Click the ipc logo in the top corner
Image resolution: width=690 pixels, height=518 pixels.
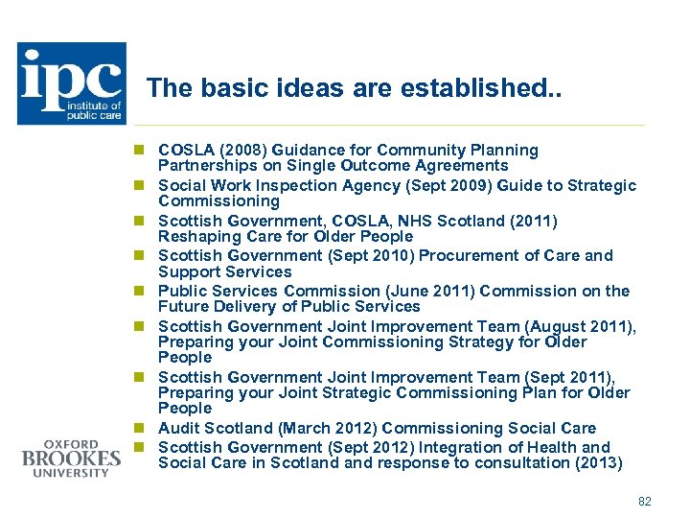click(x=72, y=83)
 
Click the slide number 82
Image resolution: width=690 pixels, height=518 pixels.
click(x=644, y=501)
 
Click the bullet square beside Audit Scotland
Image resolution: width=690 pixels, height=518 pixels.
click(x=139, y=428)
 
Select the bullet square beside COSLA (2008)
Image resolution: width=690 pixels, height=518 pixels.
click(x=139, y=151)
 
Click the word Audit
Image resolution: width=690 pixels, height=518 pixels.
click(x=178, y=428)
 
